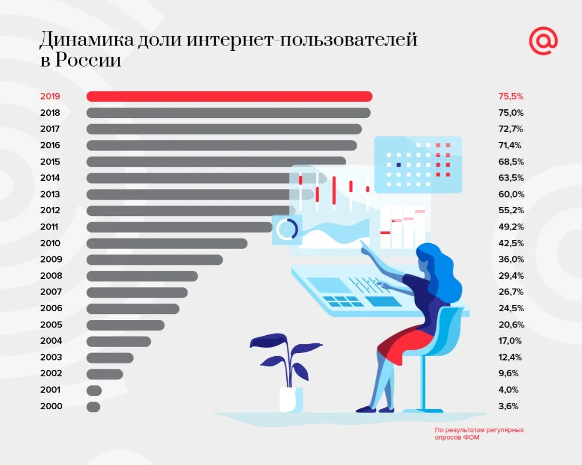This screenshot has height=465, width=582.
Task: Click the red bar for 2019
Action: (x=229, y=96)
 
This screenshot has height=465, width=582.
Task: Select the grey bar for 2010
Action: (x=167, y=244)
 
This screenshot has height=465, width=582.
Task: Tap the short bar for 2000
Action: (x=93, y=407)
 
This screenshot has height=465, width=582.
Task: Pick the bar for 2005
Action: (x=125, y=325)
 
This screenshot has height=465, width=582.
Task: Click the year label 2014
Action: (x=50, y=178)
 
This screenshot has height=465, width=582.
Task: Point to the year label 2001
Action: (x=50, y=389)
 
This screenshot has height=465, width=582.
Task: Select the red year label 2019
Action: (x=50, y=96)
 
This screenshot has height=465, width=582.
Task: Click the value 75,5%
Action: (x=511, y=96)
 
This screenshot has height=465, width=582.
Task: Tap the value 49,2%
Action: (x=511, y=227)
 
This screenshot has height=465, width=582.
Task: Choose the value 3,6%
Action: (x=508, y=406)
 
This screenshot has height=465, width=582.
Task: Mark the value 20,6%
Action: (x=511, y=325)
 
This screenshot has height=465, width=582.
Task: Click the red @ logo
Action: (x=543, y=42)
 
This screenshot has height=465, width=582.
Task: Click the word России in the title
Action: (x=88, y=60)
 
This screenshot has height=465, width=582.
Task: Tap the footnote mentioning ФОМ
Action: (x=479, y=433)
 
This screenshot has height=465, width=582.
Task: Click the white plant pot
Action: (x=290, y=399)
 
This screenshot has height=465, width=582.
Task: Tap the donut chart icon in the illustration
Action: (x=287, y=229)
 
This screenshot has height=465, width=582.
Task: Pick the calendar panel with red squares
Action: (x=418, y=164)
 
